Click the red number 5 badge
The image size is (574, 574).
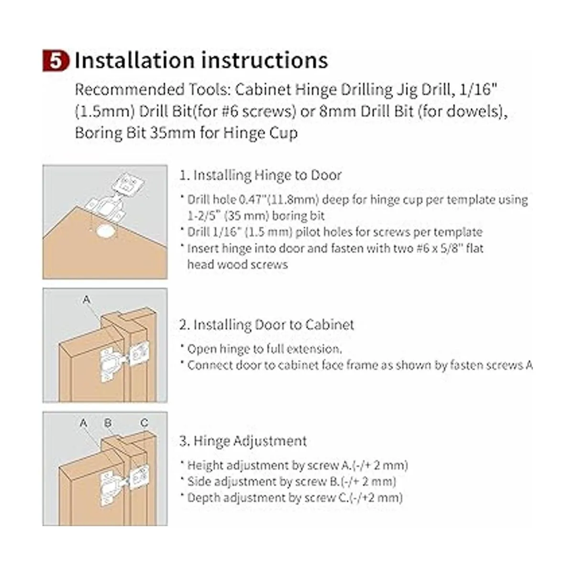coord(55,61)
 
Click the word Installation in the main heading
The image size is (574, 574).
coord(134,60)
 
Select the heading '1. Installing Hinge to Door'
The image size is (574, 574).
coord(260,175)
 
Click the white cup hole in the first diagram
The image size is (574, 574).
coord(105,232)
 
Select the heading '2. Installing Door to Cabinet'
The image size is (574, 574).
coord(266,325)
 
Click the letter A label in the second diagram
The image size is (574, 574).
coord(87,299)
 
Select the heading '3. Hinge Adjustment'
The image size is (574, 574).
coord(243,441)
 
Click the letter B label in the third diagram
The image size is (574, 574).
coord(108,423)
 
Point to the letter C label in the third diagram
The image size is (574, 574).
coord(144,423)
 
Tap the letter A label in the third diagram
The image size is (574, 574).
coord(83,423)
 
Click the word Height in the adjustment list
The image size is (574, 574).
coord(205,465)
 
